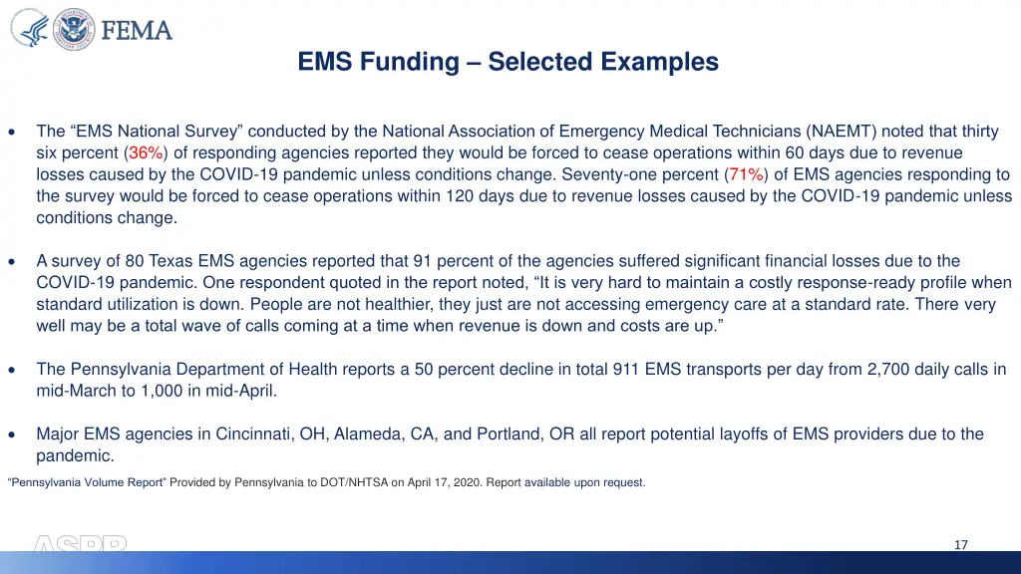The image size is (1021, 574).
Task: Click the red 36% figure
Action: coord(147,152)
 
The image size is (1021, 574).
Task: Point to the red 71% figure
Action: coord(747,174)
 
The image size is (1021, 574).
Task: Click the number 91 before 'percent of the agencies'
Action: coord(422,261)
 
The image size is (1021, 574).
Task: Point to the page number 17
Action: coord(960,544)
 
